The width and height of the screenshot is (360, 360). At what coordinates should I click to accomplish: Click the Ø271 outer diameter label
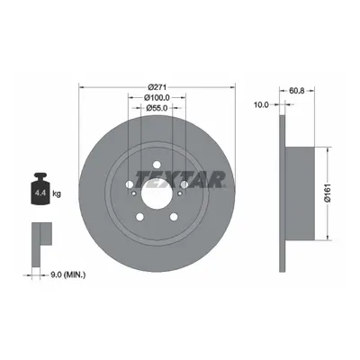(x=157, y=87)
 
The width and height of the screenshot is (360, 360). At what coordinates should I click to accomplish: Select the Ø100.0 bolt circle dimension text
(x=157, y=97)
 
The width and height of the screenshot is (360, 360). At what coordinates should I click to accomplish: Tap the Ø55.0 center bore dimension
(x=157, y=108)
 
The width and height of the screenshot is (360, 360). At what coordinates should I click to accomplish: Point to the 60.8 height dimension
(x=297, y=90)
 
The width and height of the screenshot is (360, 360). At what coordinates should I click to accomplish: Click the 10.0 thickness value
(x=261, y=104)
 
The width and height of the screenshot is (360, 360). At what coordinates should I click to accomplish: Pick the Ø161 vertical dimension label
(x=328, y=193)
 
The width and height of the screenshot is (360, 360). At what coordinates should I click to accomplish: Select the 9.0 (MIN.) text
(x=68, y=274)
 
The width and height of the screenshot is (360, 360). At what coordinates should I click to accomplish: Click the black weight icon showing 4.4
(x=40, y=189)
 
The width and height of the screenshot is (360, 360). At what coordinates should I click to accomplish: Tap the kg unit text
(x=57, y=193)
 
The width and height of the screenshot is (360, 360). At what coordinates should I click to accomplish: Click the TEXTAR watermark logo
(x=180, y=179)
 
